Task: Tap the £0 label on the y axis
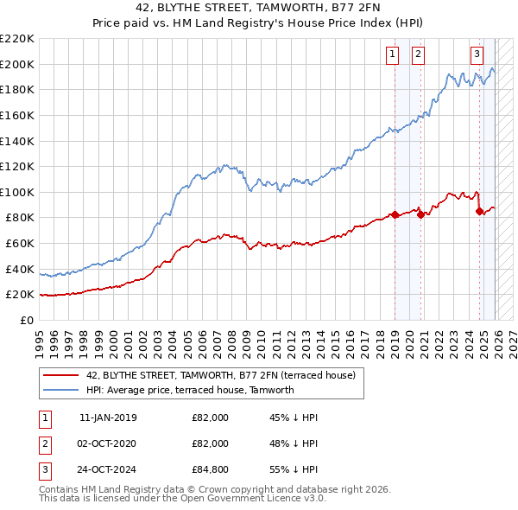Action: tap(26, 320)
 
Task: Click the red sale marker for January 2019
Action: tap(395, 214)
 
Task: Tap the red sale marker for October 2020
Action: tap(420, 214)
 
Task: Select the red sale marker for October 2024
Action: tap(480, 211)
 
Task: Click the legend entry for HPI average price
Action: tap(190, 390)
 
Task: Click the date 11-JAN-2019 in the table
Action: tap(107, 418)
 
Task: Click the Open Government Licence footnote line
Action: tap(182, 499)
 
